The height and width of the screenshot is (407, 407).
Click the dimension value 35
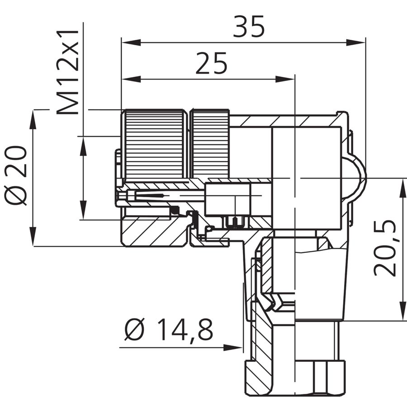click(x=249, y=26)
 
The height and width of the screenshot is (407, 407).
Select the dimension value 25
click(x=211, y=63)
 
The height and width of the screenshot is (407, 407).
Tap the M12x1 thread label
click(x=68, y=72)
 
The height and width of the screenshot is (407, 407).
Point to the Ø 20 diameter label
click(x=15, y=176)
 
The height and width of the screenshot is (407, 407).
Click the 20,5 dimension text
click(x=385, y=248)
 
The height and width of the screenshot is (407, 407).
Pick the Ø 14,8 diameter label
click(x=169, y=330)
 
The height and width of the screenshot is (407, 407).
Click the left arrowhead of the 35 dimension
click(x=131, y=43)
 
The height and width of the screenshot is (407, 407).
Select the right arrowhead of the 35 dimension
click(x=356, y=43)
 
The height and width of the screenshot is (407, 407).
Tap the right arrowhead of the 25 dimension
click(x=285, y=79)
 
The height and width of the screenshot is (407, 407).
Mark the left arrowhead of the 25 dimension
click(x=131, y=79)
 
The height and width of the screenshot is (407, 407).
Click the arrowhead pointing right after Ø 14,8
click(x=233, y=347)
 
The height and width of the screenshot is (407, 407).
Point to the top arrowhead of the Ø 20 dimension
click(x=33, y=119)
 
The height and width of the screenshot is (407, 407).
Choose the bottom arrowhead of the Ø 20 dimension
click(x=33, y=236)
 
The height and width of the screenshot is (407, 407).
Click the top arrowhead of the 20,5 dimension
click(x=403, y=188)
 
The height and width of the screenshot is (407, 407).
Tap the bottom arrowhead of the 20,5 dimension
click(x=403, y=311)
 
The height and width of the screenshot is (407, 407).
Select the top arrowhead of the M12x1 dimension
click(x=83, y=146)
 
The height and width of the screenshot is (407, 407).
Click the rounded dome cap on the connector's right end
click(x=354, y=179)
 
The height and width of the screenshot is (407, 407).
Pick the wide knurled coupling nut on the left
click(x=154, y=144)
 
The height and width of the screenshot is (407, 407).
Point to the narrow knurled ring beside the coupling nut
click(x=210, y=144)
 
